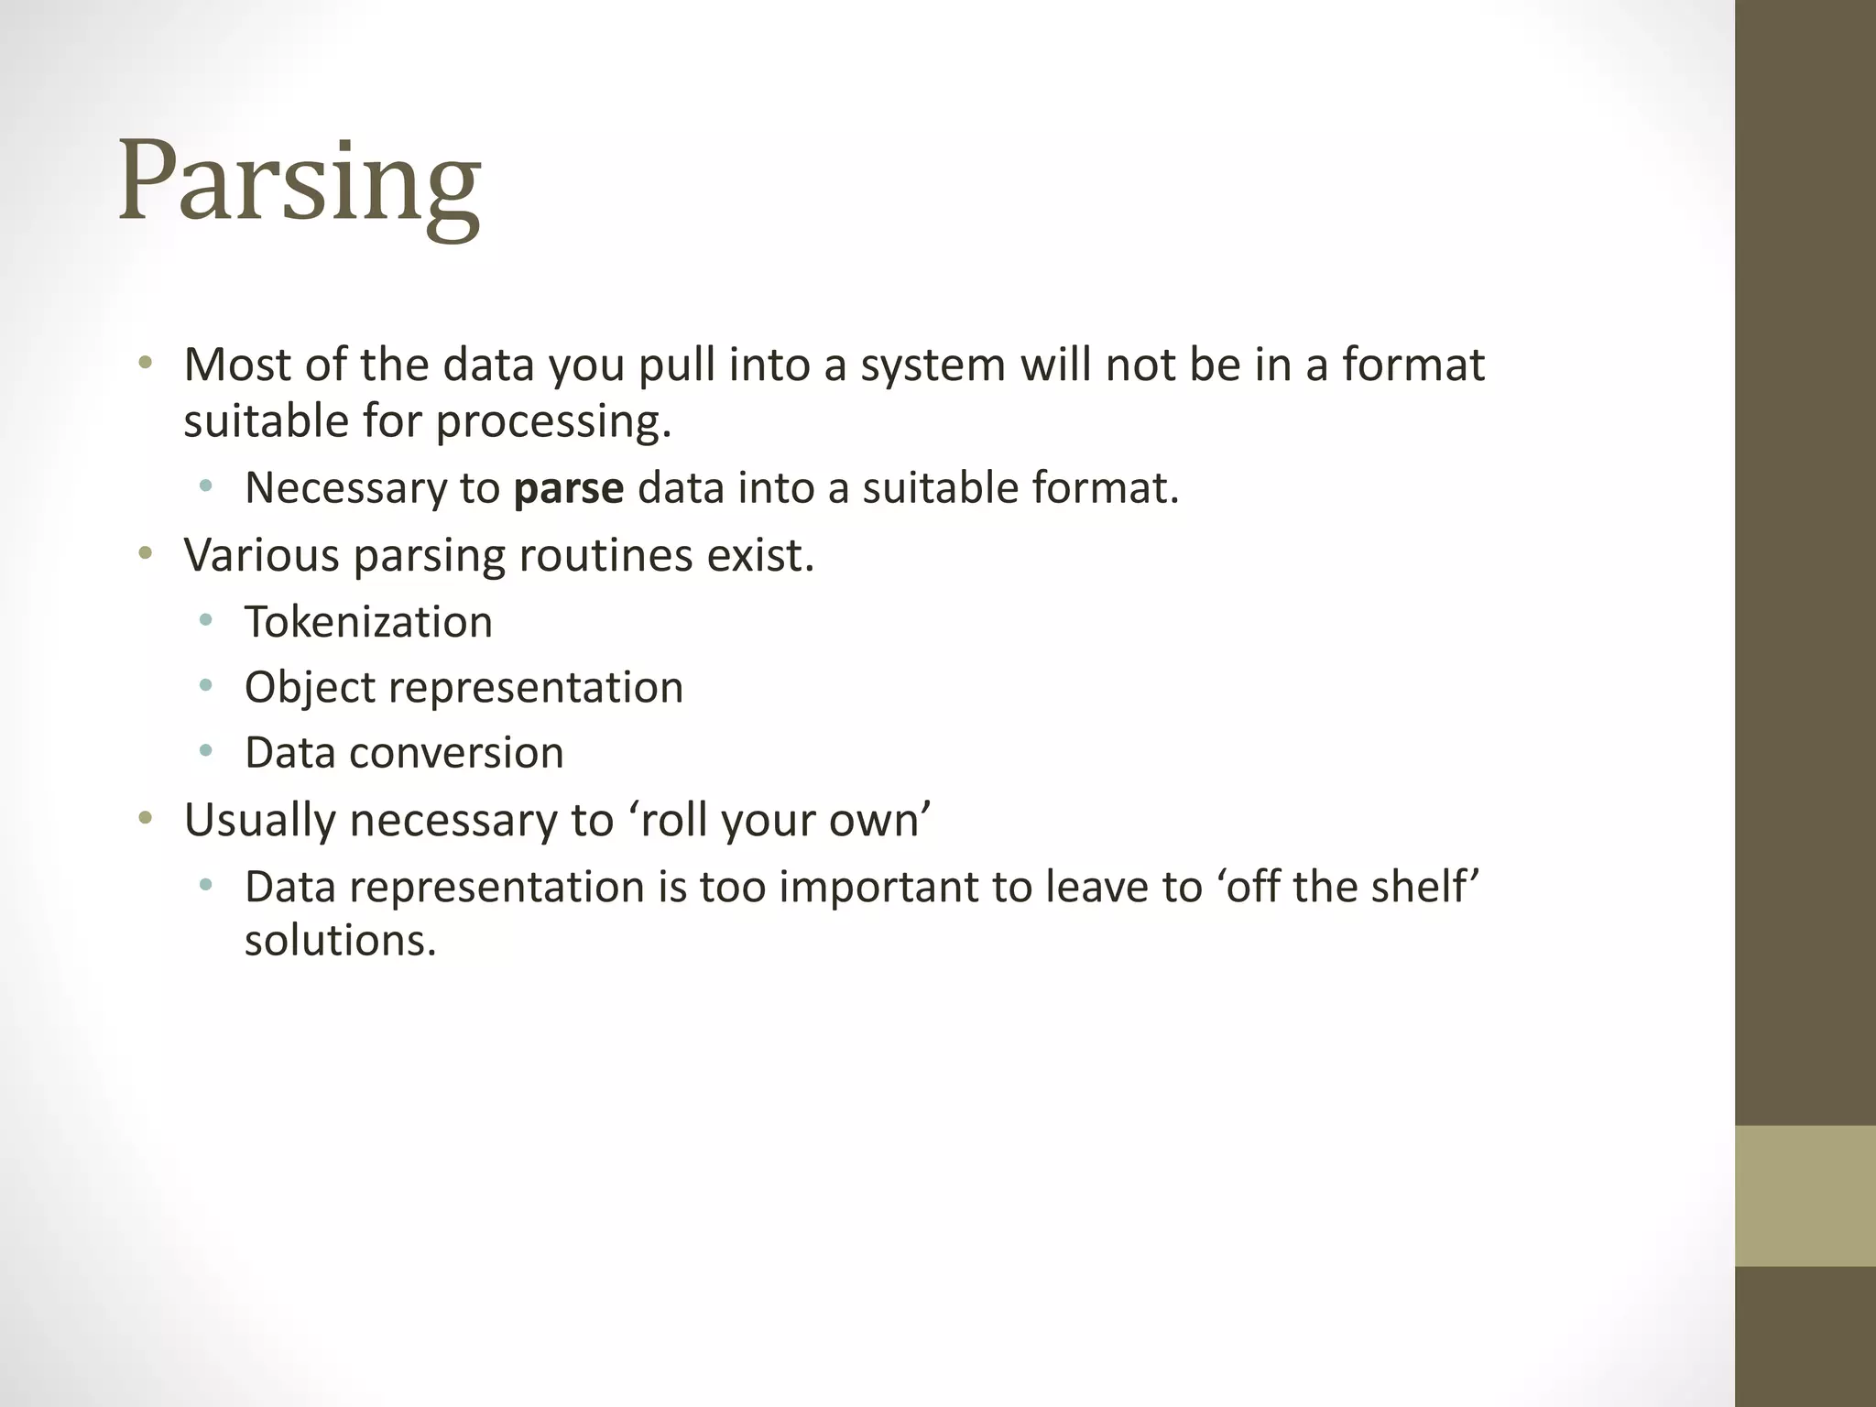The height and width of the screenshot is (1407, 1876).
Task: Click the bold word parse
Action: pos(568,488)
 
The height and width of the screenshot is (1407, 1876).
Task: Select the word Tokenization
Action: pos(368,622)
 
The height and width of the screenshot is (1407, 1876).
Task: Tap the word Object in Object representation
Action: pos(311,688)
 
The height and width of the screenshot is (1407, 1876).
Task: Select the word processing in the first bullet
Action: pos(553,422)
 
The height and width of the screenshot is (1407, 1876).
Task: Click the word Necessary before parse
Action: pos(344,488)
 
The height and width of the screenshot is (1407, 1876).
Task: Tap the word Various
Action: pos(261,555)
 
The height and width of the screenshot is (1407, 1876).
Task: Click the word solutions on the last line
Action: pos(340,940)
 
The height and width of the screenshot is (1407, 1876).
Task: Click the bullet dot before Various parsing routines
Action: pos(145,553)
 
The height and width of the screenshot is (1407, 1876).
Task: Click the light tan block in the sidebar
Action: pos(1805,1195)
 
